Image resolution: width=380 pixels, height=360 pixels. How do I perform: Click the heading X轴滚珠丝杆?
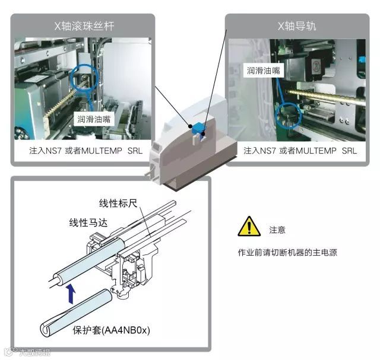point(81,27)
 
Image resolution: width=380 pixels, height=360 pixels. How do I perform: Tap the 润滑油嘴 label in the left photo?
point(94,119)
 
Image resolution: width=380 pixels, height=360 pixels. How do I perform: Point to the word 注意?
point(277,230)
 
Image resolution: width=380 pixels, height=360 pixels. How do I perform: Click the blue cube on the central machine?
point(197,128)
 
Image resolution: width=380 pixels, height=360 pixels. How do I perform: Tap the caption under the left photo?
point(81,151)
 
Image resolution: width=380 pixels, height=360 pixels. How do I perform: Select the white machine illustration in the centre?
point(190,148)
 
